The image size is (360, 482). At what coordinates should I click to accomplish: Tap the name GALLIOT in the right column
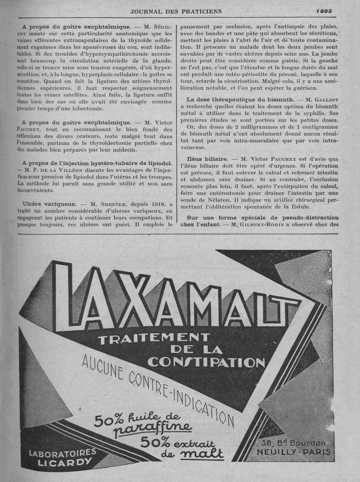click(323, 99)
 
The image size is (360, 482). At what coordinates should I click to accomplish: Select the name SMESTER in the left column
click(112, 205)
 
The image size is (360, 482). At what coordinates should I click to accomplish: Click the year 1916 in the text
click(158, 205)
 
